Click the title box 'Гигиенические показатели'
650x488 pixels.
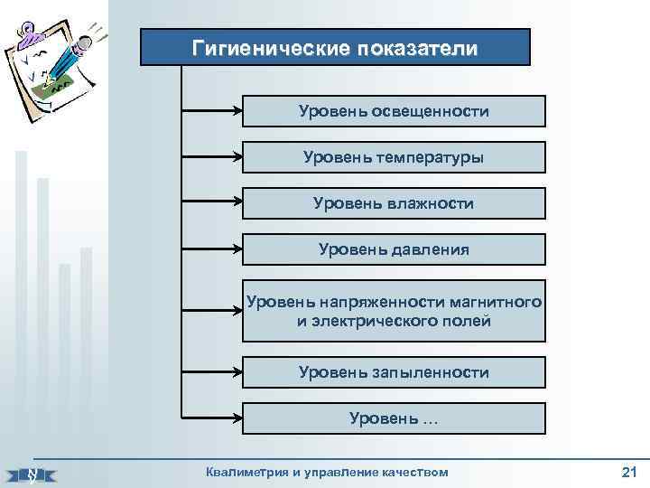point(335,47)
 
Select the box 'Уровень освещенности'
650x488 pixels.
point(394,111)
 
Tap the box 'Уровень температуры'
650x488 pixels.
point(394,157)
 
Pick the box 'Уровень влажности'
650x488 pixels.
point(394,203)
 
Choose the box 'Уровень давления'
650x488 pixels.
point(394,249)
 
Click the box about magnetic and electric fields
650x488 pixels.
point(394,311)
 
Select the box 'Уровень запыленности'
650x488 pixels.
point(394,372)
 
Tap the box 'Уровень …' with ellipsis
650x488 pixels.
point(394,418)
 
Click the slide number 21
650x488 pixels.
point(629,472)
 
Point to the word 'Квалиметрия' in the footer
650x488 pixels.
point(242,472)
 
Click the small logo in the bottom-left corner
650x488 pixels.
point(31,473)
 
